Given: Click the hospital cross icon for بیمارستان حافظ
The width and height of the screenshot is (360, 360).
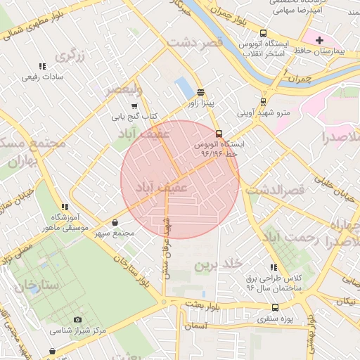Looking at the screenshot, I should (x=321, y=40).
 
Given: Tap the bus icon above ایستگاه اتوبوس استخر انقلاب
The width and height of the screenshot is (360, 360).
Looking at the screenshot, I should (x=263, y=33).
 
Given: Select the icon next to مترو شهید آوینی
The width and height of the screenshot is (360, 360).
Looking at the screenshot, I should (x=264, y=101).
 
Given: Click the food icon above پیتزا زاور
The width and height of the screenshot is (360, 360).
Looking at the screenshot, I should (x=201, y=91).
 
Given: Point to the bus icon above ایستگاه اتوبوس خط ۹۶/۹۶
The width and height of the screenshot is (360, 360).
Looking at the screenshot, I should (x=219, y=133).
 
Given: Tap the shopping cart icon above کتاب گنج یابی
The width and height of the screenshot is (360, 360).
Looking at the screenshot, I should (x=134, y=105).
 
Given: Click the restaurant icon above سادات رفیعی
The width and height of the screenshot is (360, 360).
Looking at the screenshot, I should (x=43, y=66).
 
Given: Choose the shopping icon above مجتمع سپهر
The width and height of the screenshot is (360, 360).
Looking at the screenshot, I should (x=115, y=223).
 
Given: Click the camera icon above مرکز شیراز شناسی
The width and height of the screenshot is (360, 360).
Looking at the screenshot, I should (x=77, y=320).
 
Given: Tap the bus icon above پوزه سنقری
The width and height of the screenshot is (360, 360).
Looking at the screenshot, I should (x=274, y=307).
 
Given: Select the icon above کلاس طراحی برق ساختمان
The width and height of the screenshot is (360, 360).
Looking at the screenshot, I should (x=273, y=267).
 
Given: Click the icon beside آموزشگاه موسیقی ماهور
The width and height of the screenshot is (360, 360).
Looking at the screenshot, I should (x=65, y=207).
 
